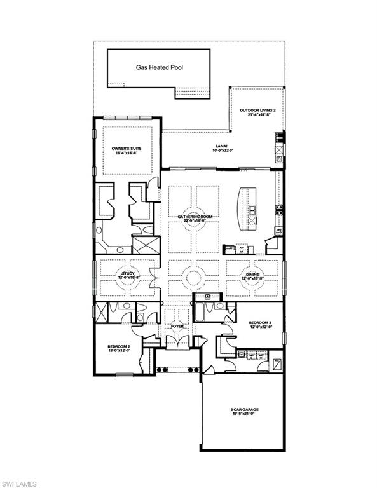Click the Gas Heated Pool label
pos(159,66)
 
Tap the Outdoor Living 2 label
pos(257,110)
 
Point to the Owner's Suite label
pos(127,147)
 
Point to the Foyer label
pos(177,326)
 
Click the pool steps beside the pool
pos(189,92)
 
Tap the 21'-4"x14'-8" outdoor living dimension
pos(257,115)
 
